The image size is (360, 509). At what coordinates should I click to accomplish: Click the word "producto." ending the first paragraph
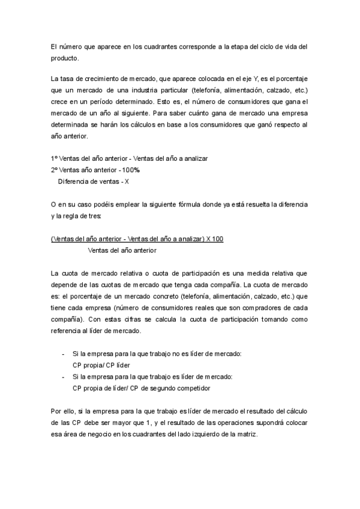point(65,59)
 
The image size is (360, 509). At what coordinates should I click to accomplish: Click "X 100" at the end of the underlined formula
point(215,239)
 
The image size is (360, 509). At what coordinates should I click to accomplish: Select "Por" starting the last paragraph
point(57,412)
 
